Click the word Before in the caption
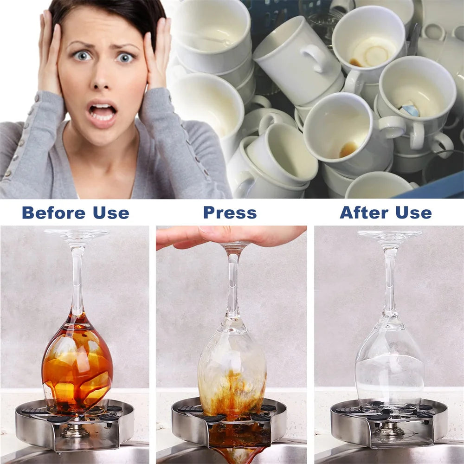(x=53, y=213)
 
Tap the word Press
(x=230, y=213)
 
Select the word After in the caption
(x=364, y=213)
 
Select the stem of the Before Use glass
(x=77, y=278)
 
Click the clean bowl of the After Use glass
(x=390, y=364)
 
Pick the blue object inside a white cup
(x=409, y=109)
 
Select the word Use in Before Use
(x=111, y=213)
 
